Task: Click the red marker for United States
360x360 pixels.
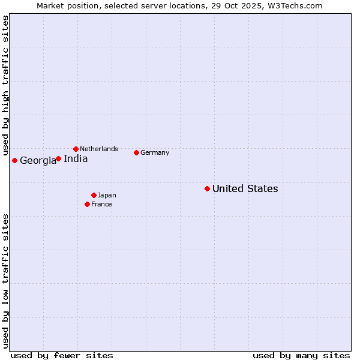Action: point(207,188)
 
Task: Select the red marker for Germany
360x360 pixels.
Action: point(136,152)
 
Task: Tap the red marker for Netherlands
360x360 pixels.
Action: point(76,149)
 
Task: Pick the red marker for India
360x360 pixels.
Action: point(58,159)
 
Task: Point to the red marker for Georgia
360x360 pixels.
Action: point(14,160)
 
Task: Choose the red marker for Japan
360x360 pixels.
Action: point(94,195)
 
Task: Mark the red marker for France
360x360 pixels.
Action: point(87,204)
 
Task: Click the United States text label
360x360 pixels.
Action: point(245,189)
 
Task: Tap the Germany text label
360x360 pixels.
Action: point(155,152)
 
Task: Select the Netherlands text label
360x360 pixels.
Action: point(99,149)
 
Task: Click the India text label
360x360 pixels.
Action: point(76,159)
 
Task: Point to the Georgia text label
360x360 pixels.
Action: point(38,161)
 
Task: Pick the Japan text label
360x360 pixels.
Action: point(107,195)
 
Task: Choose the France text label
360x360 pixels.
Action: point(101,204)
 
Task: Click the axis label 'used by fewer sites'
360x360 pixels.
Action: point(62,355)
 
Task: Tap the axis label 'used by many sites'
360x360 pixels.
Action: point(301,355)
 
